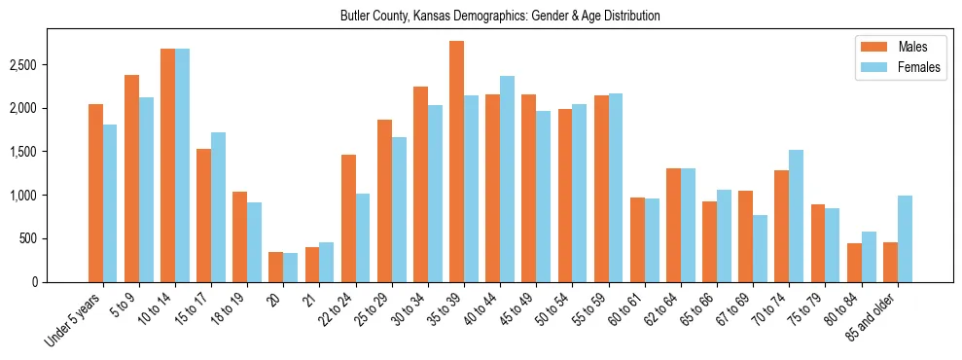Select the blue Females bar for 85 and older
905,238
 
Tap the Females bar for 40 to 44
507,179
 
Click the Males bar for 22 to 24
348,218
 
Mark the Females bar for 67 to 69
760,248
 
